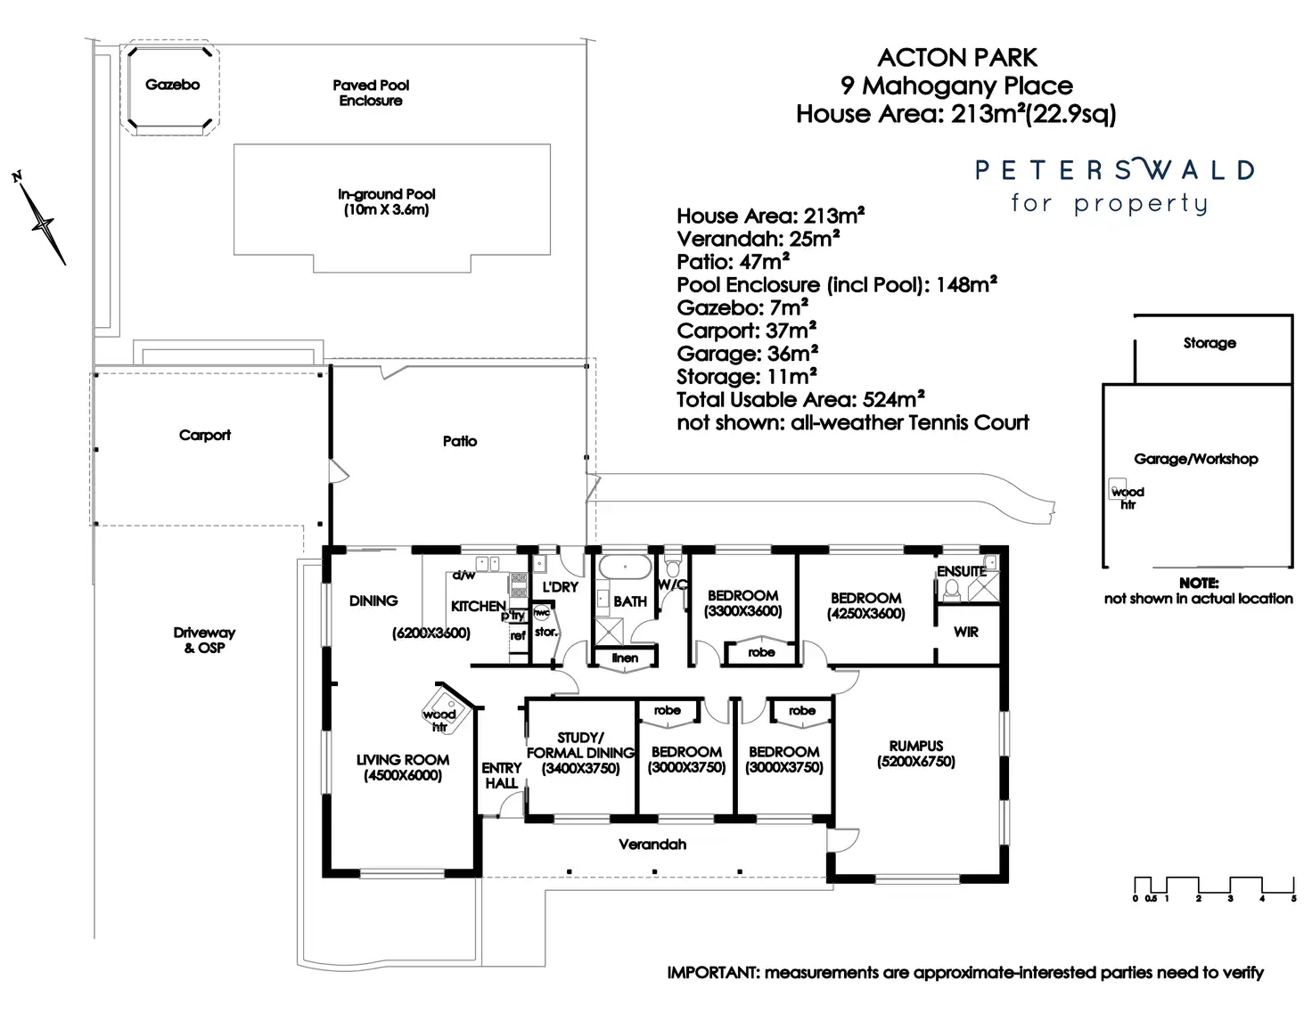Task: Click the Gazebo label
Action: click(x=172, y=85)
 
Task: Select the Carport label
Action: click(x=204, y=435)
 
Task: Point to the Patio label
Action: click(x=459, y=441)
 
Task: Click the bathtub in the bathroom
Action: click(x=624, y=568)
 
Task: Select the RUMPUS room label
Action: click(x=915, y=746)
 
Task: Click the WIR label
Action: click(x=965, y=632)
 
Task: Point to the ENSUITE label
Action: click(x=961, y=571)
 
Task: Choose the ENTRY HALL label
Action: click(x=501, y=775)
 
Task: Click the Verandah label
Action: click(x=652, y=844)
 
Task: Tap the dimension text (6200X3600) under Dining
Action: click(x=430, y=633)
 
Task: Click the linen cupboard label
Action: click(x=625, y=658)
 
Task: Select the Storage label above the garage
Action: click(x=1209, y=343)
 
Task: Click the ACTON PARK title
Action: click(x=957, y=58)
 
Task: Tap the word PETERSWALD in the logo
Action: click(x=1114, y=169)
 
